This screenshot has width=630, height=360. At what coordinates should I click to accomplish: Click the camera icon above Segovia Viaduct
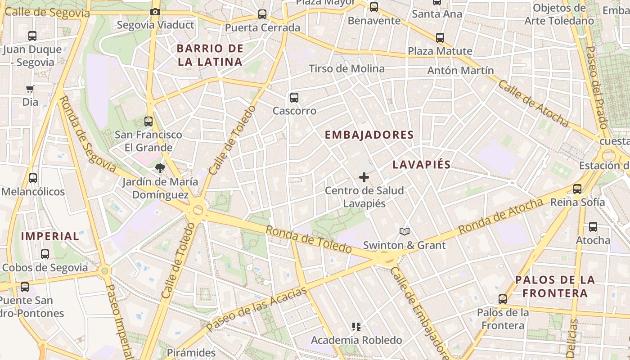pos(155,12)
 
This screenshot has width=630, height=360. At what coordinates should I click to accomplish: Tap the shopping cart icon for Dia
pos(30,89)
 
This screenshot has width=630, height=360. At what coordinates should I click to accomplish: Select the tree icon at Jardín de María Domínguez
pos(160,168)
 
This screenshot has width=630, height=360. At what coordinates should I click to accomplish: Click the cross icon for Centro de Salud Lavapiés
pos(364,177)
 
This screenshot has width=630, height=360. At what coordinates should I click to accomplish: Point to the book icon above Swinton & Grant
pos(405,232)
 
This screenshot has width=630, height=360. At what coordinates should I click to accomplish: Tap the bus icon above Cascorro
pos(294,97)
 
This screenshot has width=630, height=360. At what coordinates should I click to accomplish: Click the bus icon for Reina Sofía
pos(577,189)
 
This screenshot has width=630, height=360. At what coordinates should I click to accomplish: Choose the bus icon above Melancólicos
pos(33,178)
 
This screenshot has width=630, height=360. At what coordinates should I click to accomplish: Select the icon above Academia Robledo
pos(356,327)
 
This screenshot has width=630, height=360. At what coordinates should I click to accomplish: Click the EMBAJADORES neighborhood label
pos(369,135)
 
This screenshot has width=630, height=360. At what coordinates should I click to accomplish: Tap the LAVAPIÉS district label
pos(422,165)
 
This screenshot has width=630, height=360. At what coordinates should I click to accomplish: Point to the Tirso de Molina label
pos(346,69)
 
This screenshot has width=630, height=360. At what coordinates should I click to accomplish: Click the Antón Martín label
pos(460,71)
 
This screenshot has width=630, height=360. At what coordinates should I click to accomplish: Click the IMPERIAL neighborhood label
pos(50,236)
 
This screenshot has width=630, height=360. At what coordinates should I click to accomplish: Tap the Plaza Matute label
pos(440,51)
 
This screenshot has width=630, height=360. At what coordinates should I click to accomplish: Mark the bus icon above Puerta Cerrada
pos(262,14)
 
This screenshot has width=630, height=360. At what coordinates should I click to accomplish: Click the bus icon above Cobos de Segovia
pos(45,254)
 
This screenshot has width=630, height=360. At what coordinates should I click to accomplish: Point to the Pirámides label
pos(191,352)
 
